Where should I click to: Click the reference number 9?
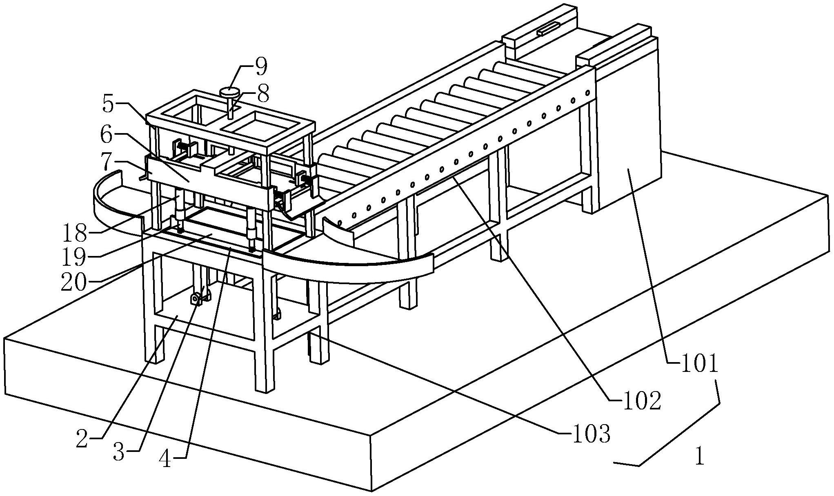coord(260,67)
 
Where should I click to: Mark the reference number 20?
coord(74,282)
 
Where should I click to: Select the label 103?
coord(592,434)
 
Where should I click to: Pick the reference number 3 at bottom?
coord(119,452)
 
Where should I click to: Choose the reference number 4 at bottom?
coord(165,460)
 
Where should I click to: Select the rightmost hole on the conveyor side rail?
coord(588,93)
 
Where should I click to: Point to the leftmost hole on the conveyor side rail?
coord(340,223)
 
